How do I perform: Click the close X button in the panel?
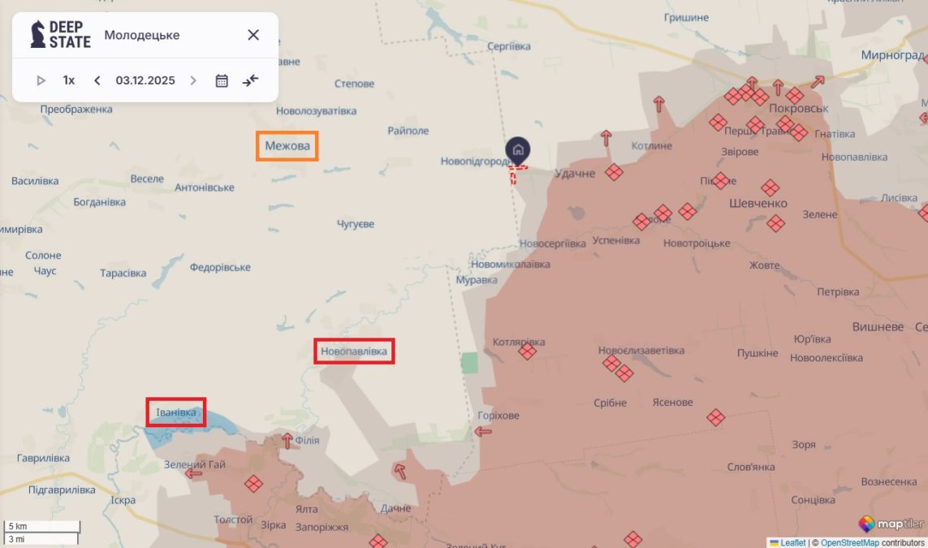coord(253,35)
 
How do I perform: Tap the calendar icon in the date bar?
coord(222,80)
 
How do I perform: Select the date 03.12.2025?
coord(145,80)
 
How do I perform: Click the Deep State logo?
coord(61,35)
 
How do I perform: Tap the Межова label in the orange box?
coord(287,146)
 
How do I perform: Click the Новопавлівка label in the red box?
coord(354,352)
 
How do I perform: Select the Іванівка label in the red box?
coord(176,412)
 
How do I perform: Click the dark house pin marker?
coord(518,149)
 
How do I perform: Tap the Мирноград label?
coord(892,55)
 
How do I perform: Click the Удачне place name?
coord(575,173)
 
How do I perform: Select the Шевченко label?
coord(758,203)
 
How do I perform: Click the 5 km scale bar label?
coord(18,526)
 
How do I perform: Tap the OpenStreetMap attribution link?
coord(849,542)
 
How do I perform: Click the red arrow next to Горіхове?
coord(483,431)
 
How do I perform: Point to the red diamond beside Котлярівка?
coord(527,352)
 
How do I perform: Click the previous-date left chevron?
coord(97,80)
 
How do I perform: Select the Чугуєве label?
coord(356,223)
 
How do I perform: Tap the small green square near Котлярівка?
coord(469,363)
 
